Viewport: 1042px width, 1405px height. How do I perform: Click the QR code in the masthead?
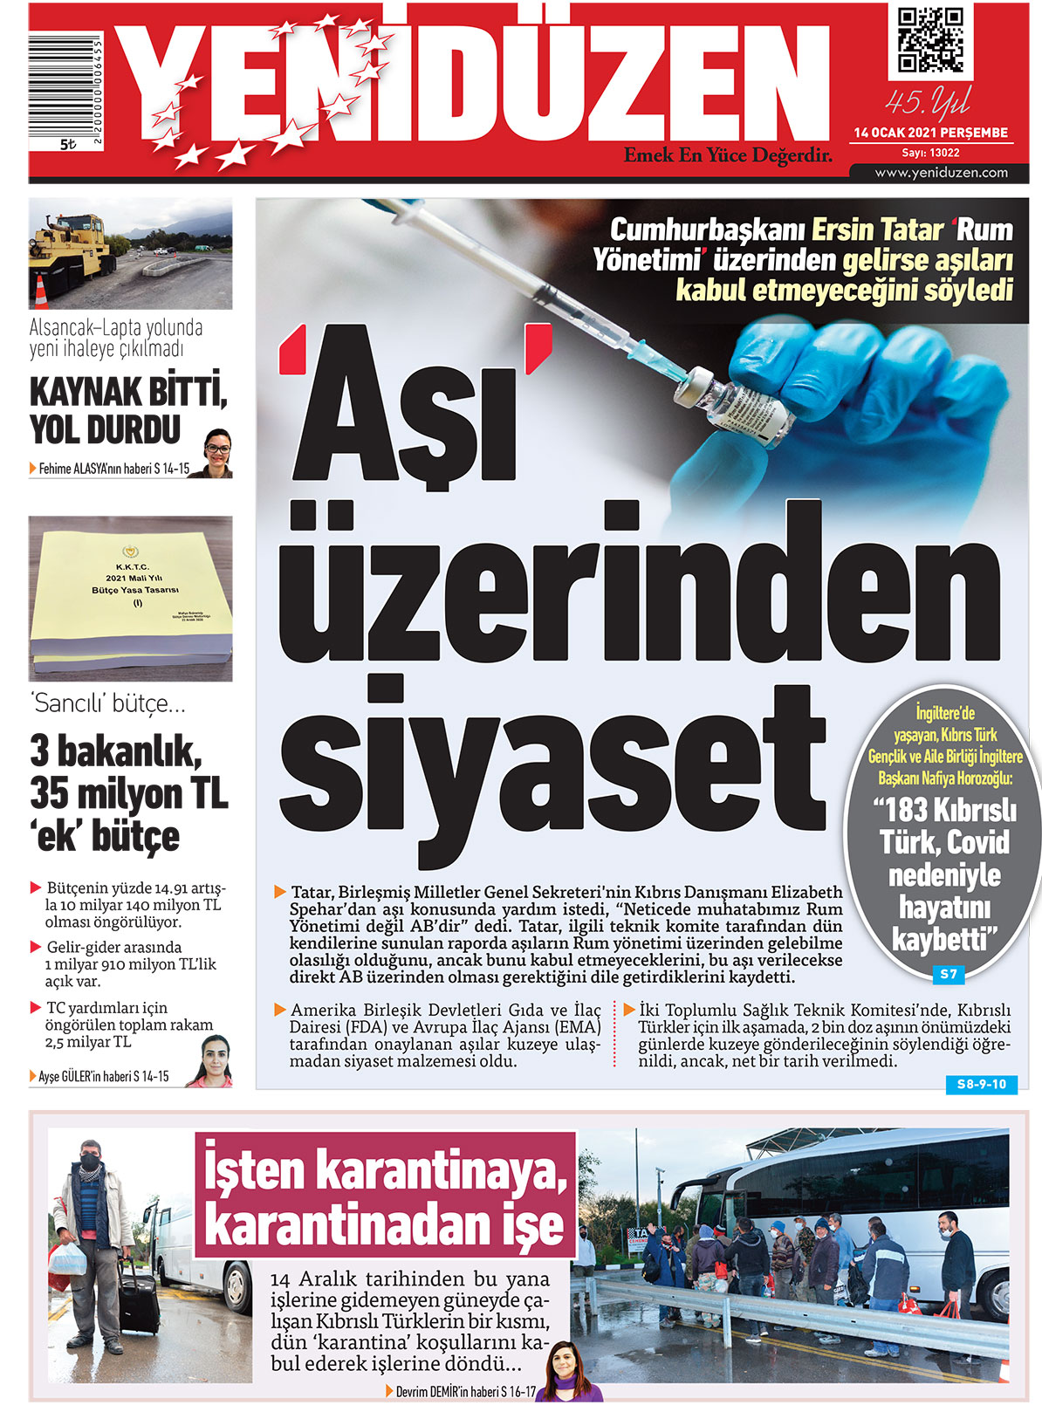point(930,40)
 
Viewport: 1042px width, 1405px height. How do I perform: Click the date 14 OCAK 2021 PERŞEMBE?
point(930,134)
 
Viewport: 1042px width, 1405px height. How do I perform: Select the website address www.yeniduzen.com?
point(941,173)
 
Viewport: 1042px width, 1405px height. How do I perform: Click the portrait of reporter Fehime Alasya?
point(217,454)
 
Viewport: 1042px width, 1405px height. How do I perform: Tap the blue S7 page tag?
point(948,974)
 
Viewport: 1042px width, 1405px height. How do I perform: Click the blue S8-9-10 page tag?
point(981,1085)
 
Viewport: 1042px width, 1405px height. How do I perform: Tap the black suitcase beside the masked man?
point(139,1300)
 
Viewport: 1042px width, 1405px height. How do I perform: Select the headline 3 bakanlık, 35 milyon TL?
point(128,772)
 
